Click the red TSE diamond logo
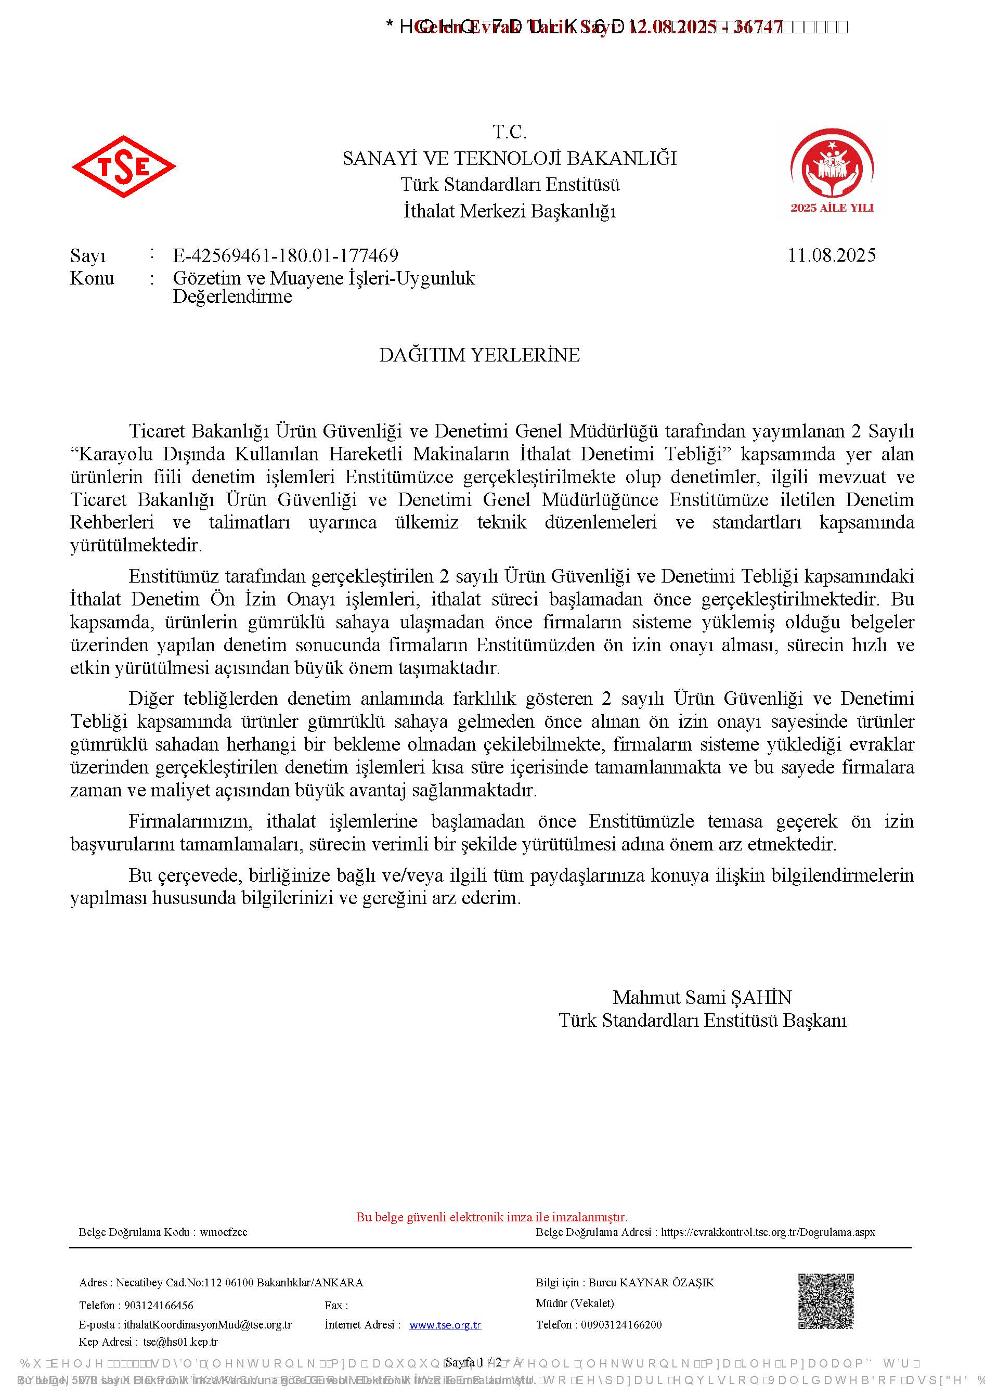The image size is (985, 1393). [x=124, y=166]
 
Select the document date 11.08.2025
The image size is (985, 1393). [x=832, y=255]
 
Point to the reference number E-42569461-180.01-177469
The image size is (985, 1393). [x=285, y=255]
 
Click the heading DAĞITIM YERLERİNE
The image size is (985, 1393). [x=479, y=355]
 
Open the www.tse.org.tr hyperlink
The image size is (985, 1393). [x=445, y=1325]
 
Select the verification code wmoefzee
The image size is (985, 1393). [x=223, y=1232]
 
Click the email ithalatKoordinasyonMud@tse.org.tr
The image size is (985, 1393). [x=208, y=1325]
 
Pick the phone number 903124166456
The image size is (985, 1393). [x=159, y=1305]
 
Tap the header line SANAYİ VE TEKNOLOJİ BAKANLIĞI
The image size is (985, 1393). [x=510, y=158]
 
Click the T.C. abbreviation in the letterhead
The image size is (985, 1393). [x=510, y=132]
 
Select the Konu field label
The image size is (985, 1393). [x=92, y=278]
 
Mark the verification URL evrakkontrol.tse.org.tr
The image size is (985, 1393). [x=768, y=1232]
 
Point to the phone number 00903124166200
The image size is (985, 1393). [x=621, y=1325]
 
